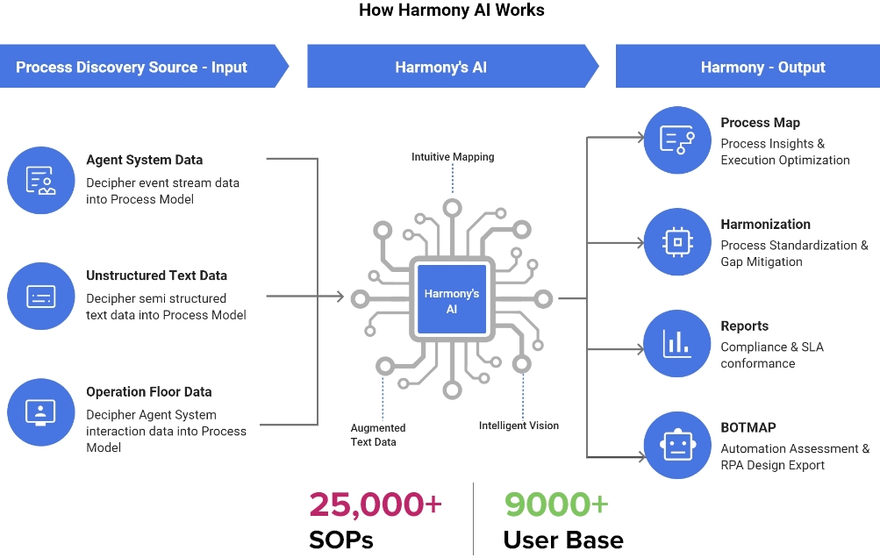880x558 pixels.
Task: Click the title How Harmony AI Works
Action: click(452, 11)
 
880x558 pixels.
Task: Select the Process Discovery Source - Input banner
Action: click(132, 67)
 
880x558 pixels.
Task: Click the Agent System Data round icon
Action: click(41, 181)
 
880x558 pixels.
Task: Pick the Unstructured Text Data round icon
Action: click(41, 297)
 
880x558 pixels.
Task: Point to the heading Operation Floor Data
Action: click(149, 392)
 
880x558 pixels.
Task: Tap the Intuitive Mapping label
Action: click(453, 157)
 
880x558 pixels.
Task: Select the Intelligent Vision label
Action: click(519, 426)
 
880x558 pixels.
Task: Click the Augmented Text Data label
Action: click(378, 435)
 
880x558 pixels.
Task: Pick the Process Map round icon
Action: click(676, 139)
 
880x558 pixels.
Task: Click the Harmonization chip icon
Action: click(676, 241)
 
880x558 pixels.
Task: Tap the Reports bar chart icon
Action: click(676, 343)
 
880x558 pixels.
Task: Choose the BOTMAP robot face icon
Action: click(676, 445)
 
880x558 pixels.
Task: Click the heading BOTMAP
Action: click(748, 428)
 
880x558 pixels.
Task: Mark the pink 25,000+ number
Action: click(376, 504)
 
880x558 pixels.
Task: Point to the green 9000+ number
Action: click(556, 504)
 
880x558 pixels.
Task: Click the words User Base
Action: click(563, 540)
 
